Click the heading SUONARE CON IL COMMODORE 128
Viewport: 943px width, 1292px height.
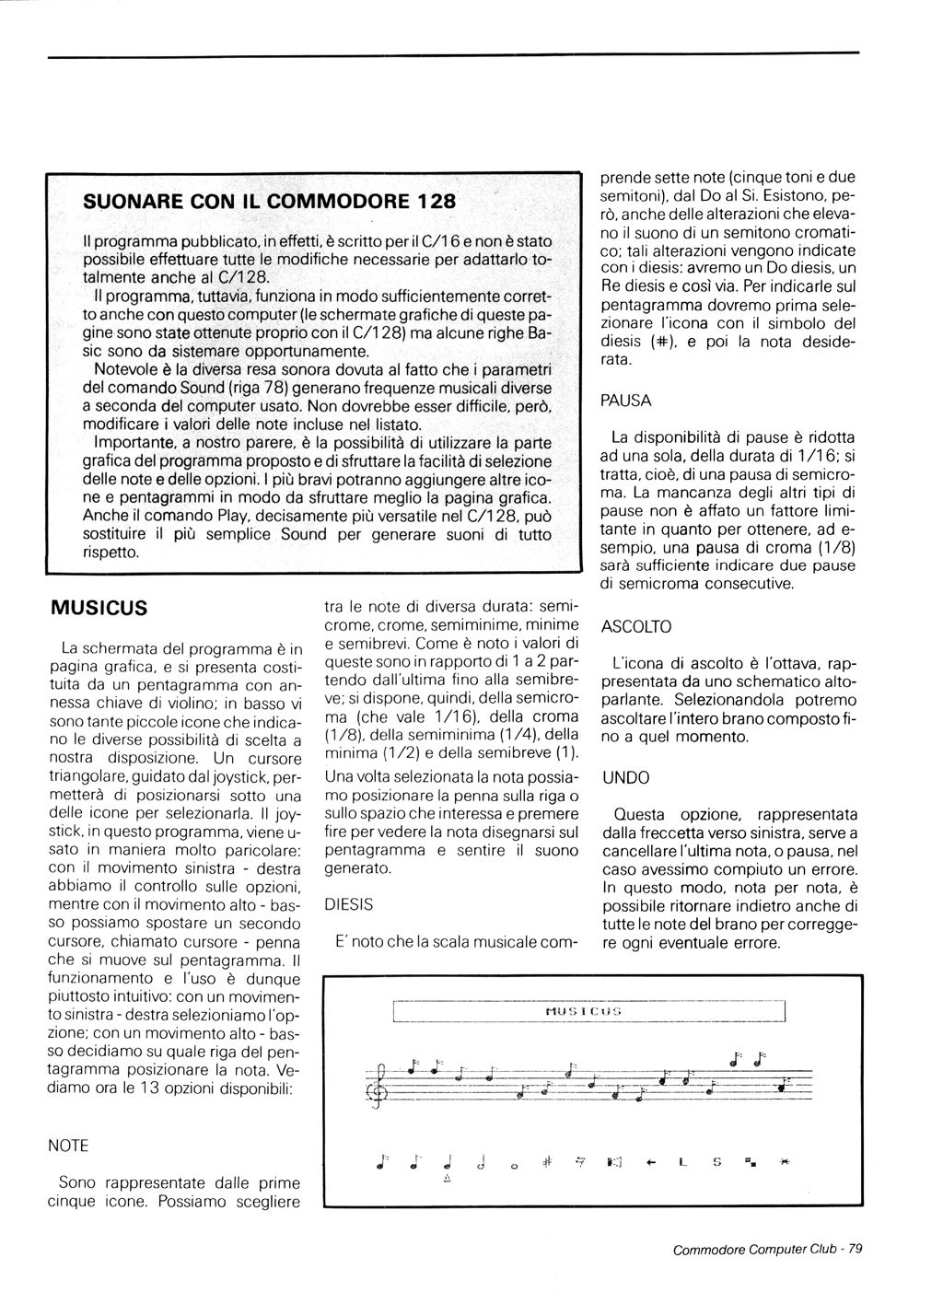tap(257, 200)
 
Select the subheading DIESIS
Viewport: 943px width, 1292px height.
tap(349, 905)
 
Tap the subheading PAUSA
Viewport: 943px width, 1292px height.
tap(625, 401)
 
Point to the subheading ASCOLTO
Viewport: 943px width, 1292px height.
tap(635, 627)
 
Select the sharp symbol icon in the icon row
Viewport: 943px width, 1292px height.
tap(545, 1162)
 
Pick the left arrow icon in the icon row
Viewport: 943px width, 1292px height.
tap(650, 1164)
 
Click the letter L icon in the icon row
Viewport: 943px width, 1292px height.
tap(681, 1163)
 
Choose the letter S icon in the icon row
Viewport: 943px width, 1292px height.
tap(716, 1163)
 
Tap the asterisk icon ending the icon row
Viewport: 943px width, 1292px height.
tap(785, 1163)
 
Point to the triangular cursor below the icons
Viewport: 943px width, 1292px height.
tap(447, 1180)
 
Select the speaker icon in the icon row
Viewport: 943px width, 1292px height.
tap(615, 1163)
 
